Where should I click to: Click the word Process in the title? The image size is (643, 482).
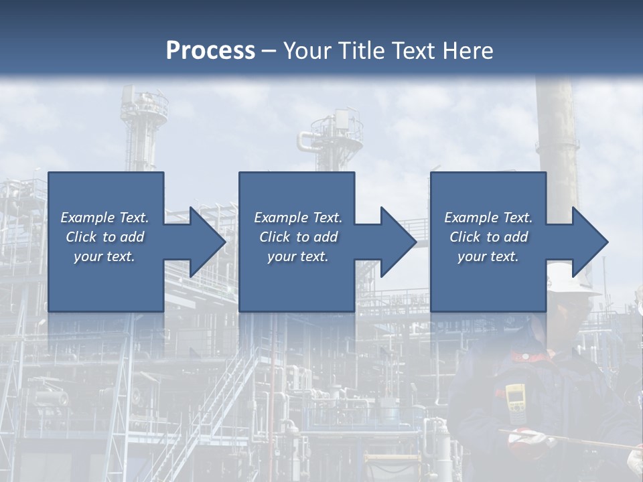pyautogui.click(x=210, y=51)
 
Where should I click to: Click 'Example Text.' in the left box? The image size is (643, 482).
pyautogui.click(x=104, y=218)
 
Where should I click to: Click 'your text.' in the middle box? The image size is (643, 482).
pyautogui.click(x=297, y=256)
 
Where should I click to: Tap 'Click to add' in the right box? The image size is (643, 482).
pyautogui.click(x=488, y=237)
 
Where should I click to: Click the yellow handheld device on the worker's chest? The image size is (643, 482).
pyautogui.click(x=515, y=398)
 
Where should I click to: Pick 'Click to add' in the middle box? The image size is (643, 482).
pyautogui.click(x=298, y=237)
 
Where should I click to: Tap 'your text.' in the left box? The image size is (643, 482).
pyautogui.click(x=104, y=256)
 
